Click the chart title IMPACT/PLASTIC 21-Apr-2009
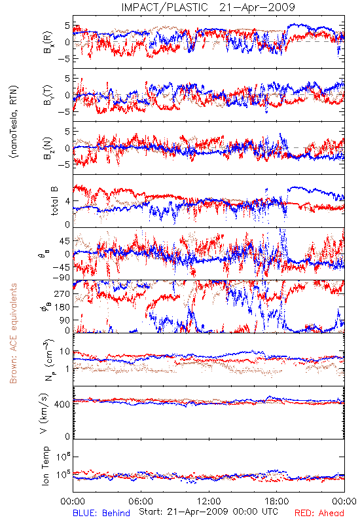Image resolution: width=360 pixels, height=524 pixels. [208, 7]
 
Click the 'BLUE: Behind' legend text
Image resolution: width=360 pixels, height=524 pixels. [101, 513]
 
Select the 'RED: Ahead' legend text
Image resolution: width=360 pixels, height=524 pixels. [319, 513]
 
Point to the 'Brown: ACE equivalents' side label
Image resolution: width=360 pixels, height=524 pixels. [13, 333]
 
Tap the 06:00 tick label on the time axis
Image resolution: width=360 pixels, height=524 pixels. [141, 501]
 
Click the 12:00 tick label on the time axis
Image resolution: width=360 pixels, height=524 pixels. [209, 501]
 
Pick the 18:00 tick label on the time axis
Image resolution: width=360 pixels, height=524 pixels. [277, 501]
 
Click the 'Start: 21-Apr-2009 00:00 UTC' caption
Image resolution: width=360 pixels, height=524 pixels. [208, 512]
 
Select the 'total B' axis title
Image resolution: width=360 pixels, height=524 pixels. [54, 201]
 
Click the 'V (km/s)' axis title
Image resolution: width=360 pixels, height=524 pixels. [44, 413]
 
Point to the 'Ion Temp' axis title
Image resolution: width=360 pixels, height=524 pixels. [45, 466]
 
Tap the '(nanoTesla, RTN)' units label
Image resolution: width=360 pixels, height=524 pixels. [14, 122]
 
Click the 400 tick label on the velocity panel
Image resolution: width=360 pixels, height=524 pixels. [62, 404]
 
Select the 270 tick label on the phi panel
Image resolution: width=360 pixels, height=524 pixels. [62, 293]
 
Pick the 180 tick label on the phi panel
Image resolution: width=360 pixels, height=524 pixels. [62, 307]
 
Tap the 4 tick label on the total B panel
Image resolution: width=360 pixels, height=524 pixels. [68, 201]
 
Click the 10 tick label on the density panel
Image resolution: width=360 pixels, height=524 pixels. [65, 352]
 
